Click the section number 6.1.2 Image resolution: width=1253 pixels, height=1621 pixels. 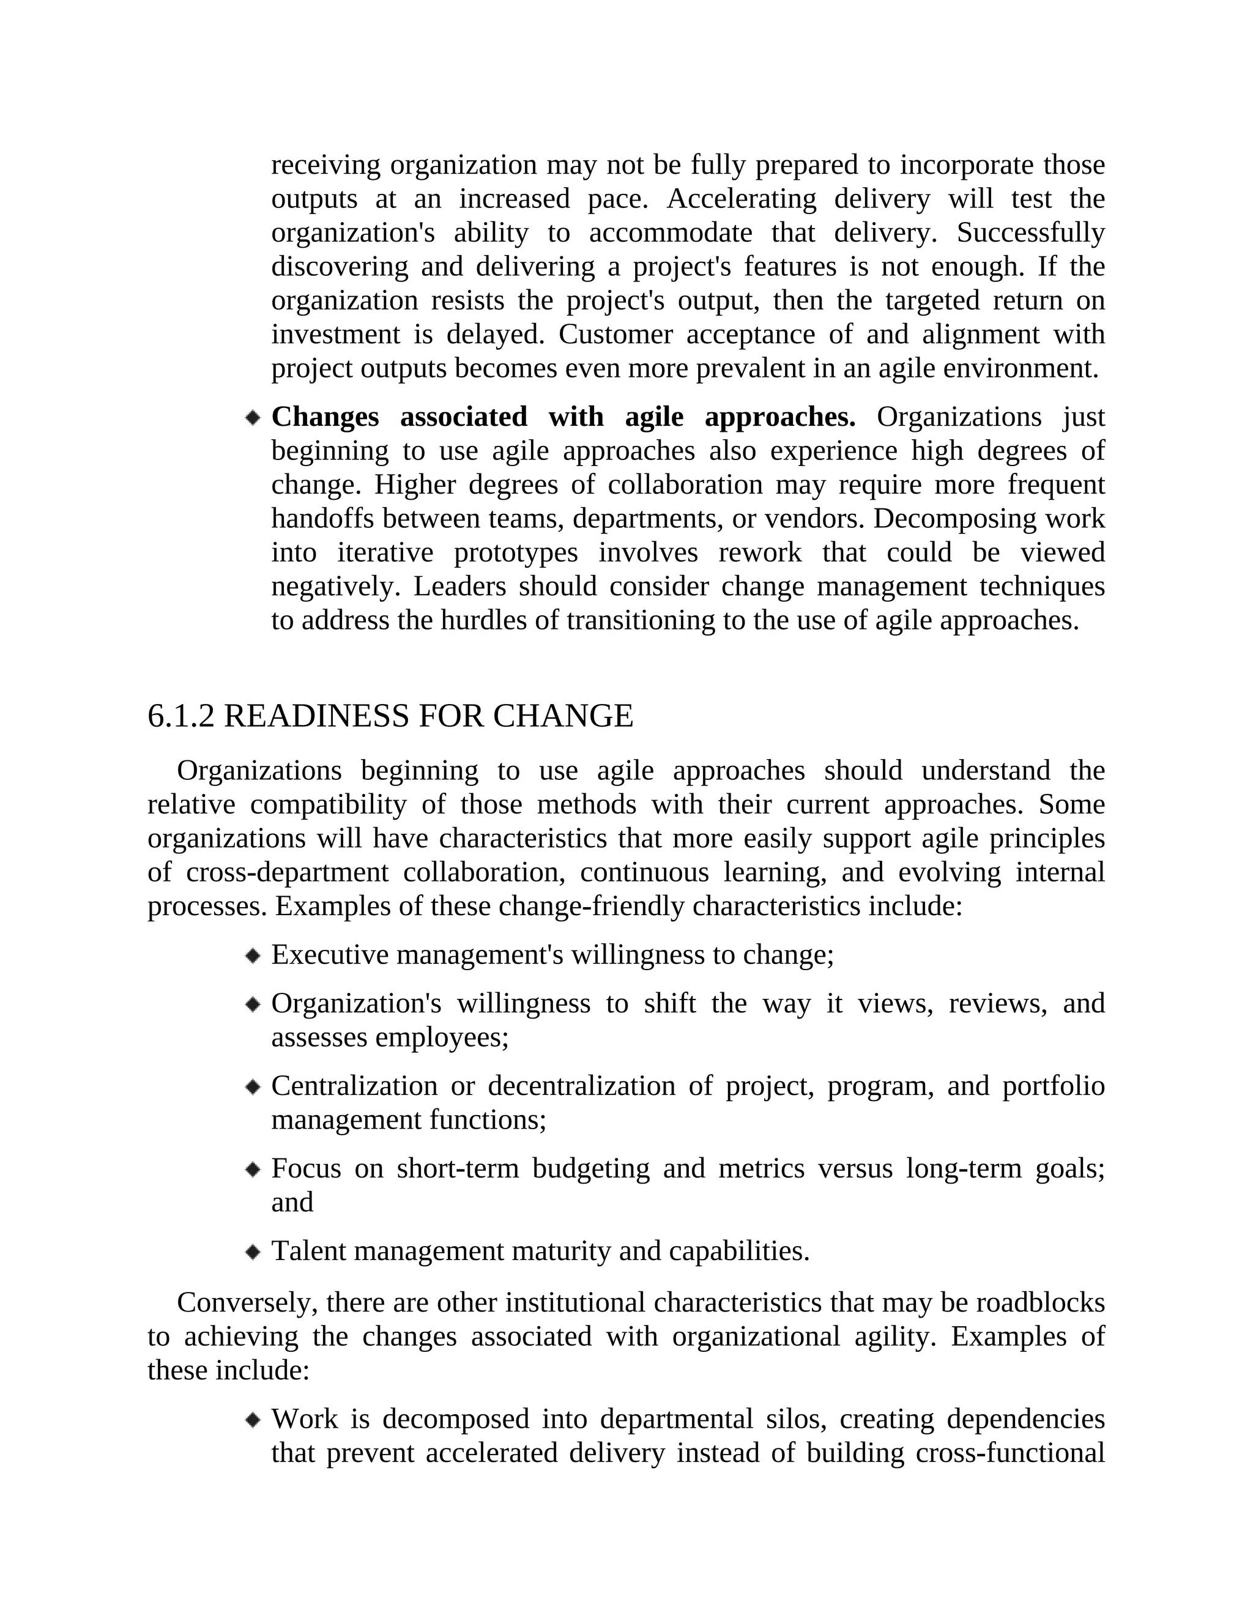click(181, 716)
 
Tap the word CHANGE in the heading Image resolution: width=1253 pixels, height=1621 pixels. click(563, 716)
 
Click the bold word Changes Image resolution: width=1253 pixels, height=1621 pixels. click(324, 417)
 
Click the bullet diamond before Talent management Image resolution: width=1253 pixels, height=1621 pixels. click(253, 1252)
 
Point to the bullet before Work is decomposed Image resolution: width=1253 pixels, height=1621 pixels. click(253, 1420)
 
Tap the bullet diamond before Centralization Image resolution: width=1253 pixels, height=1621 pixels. click(253, 1088)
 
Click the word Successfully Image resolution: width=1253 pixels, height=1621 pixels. click(1030, 233)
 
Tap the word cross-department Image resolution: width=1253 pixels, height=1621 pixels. click(286, 872)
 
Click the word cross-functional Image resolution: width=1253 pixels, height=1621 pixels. click(1009, 1453)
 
